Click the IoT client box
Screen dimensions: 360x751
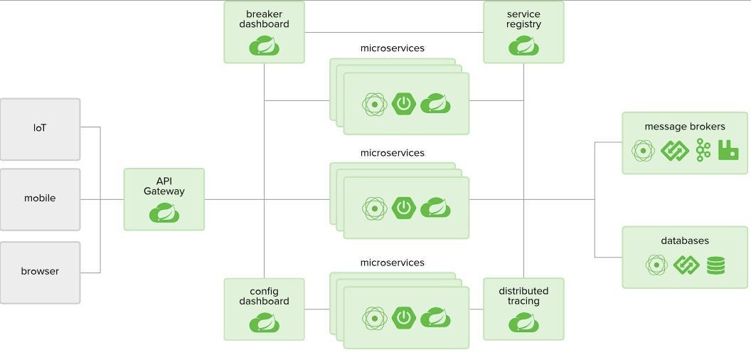(x=40, y=129)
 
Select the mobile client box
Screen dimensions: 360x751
(x=40, y=198)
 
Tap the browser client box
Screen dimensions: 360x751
(x=40, y=271)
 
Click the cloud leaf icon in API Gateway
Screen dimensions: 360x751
(x=164, y=212)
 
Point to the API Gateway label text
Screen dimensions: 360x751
(x=164, y=186)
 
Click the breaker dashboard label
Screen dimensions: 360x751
(x=264, y=19)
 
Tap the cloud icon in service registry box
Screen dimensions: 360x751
(x=523, y=46)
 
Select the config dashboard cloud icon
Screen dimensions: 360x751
(x=264, y=322)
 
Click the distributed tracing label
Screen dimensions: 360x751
(x=523, y=296)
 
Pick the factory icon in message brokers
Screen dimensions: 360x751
(x=728, y=150)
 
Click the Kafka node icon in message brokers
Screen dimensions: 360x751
(x=703, y=150)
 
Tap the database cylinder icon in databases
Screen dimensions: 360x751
(x=715, y=265)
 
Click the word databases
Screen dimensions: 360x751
(x=685, y=241)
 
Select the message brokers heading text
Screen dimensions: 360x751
(x=685, y=127)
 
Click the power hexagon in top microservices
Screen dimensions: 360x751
(x=403, y=104)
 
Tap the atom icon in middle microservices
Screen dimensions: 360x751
(x=374, y=208)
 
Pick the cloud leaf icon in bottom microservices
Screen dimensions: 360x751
(x=435, y=317)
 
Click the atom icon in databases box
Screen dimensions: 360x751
(x=656, y=265)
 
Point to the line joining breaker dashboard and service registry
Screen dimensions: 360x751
(x=393, y=32)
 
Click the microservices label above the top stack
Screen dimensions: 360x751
(x=393, y=48)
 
